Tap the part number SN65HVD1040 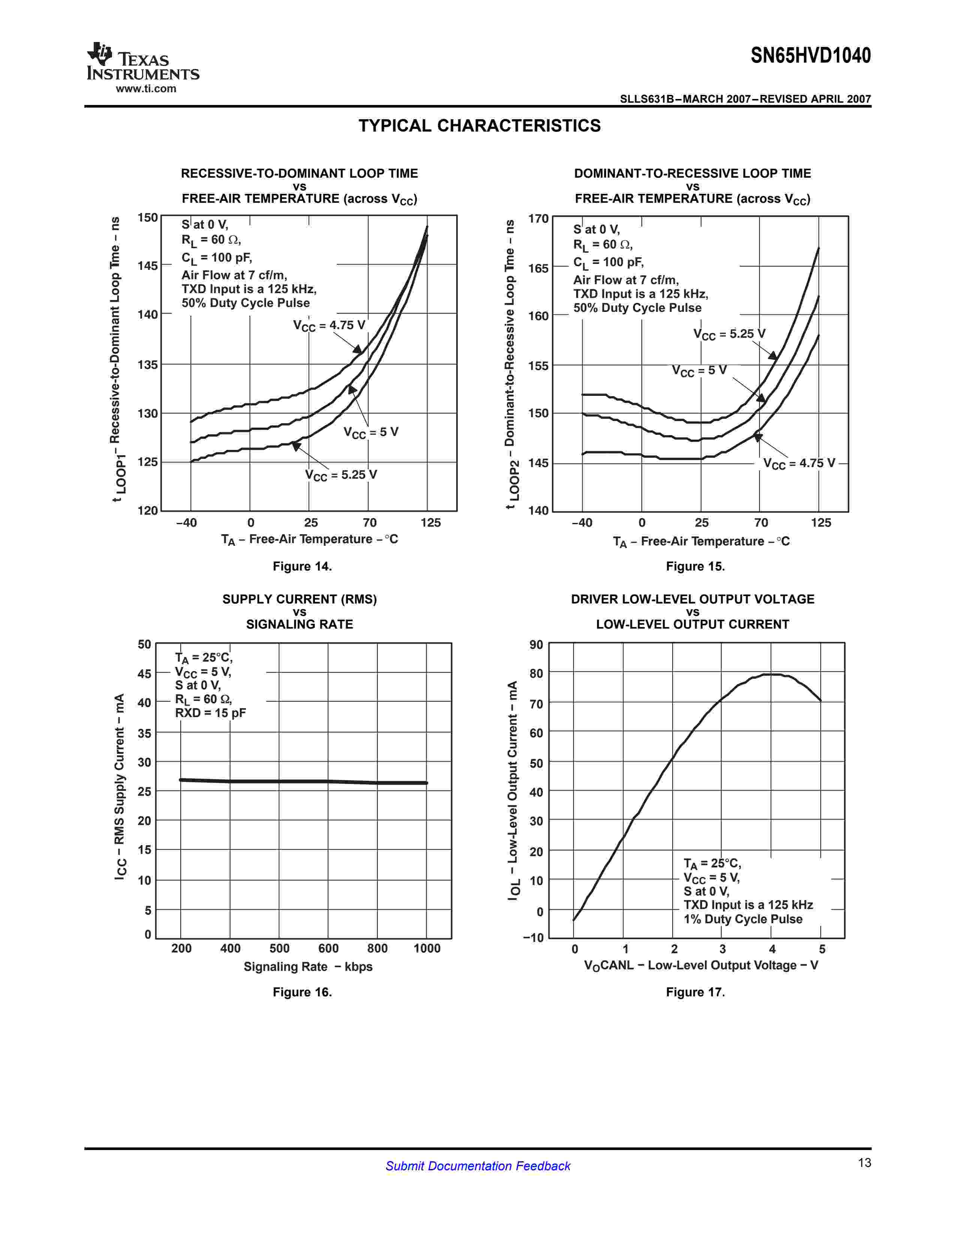811,55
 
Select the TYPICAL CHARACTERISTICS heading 479,126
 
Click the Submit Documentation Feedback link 477,1166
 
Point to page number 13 864,1163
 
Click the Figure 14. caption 302,566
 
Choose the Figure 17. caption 695,992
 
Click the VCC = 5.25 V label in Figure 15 730,334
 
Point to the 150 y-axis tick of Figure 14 147,217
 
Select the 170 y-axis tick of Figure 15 538,219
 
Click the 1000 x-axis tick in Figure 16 427,948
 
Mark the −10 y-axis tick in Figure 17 533,937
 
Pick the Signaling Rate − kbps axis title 307,967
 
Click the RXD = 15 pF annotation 210,713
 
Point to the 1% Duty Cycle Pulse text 742,919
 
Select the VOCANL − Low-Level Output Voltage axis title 701,965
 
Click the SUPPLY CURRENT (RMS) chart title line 299,599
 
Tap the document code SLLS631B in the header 647,99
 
